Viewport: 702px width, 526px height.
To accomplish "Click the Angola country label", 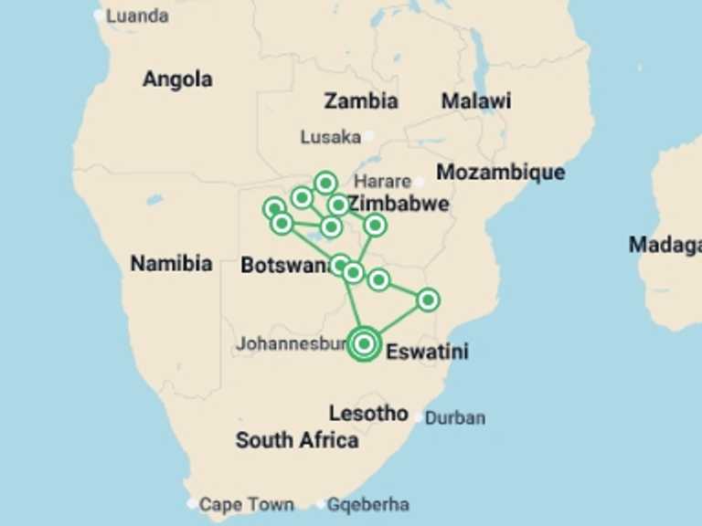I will [177, 79].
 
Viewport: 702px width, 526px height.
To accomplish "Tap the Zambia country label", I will [361, 100].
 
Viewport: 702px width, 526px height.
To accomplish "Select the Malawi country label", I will [475, 100].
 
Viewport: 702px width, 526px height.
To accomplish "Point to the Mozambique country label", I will [500, 172].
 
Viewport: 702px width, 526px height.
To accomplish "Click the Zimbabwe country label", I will [399, 204].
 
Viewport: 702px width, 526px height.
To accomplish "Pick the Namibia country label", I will [171, 264].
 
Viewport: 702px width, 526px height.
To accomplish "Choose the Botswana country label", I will [284, 265].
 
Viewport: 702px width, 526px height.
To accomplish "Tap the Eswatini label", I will [427, 352].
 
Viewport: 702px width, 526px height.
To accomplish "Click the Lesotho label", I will [368, 414].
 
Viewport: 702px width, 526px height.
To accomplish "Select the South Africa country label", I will [297, 440].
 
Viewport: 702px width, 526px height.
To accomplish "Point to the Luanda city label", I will [137, 16].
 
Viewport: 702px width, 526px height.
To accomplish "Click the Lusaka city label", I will [330, 137].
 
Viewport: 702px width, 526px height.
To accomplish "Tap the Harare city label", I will [382, 181].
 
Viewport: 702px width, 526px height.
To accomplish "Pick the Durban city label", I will [455, 418].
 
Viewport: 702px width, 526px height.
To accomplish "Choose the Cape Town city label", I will [246, 504].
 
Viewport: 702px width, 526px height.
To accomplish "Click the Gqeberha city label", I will [368, 504].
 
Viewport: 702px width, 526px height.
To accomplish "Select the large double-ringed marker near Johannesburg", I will [364, 343].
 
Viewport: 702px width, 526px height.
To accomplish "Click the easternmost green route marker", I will [427, 300].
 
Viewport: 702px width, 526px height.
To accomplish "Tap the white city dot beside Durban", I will [418, 418].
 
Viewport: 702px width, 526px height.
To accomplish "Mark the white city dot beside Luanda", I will [100, 15].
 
